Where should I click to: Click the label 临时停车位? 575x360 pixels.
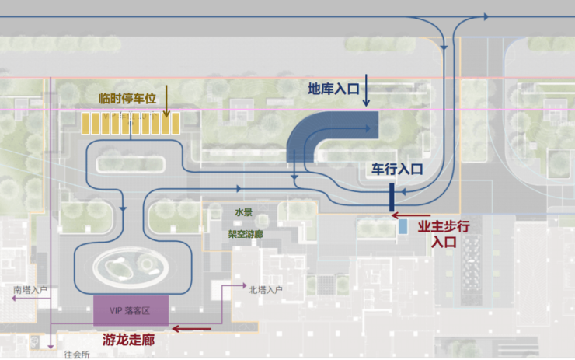point(127,99)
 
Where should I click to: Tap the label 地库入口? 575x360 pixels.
point(333,89)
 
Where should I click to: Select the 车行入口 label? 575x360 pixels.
point(396,169)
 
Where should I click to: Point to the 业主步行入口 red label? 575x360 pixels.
point(444,233)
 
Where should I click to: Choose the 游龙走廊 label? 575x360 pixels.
point(129,340)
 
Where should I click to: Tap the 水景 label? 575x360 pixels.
point(244,212)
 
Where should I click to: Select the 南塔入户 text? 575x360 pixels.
point(31,289)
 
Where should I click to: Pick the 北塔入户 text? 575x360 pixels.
point(265,290)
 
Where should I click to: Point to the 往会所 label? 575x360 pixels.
point(77,354)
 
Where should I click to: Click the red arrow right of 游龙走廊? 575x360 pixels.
point(192,329)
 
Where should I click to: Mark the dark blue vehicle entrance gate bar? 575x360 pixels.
point(392,197)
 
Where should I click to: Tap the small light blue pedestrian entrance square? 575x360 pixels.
point(402,227)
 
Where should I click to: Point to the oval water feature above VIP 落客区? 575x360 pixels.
point(133,269)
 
